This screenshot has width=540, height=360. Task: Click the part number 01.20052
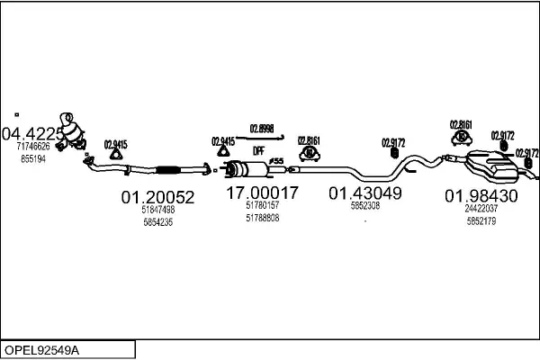click(x=157, y=196)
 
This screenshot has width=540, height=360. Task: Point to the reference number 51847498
click(x=157, y=209)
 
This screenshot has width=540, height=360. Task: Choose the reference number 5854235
click(x=157, y=221)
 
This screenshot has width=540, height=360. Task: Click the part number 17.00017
click(x=262, y=193)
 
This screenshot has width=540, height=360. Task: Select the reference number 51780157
click(x=262, y=205)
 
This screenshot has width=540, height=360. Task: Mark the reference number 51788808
click(x=262, y=218)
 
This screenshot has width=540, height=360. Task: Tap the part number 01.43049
click(x=364, y=193)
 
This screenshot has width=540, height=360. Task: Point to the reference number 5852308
click(x=364, y=205)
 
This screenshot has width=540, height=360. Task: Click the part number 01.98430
click(x=481, y=196)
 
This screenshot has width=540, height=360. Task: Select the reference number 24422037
click(x=481, y=209)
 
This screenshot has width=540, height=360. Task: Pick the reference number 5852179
click(x=481, y=221)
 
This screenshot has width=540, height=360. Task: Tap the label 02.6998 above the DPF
click(x=262, y=127)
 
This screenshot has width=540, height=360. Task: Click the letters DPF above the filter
click(x=257, y=150)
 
